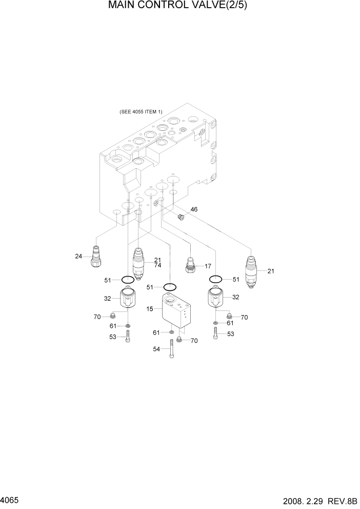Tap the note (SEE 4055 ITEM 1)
click(x=141, y=112)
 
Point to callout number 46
click(x=194, y=209)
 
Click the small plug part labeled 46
click(x=181, y=217)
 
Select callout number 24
click(x=78, y=256)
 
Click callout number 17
click(x=208, y=266)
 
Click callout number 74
click(x=158, y=265)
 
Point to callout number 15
click(x=150, y=309)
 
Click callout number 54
click(x=156, y=349)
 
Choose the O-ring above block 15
click(x=170, y=286)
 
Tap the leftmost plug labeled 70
click(x=112, y=316)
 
